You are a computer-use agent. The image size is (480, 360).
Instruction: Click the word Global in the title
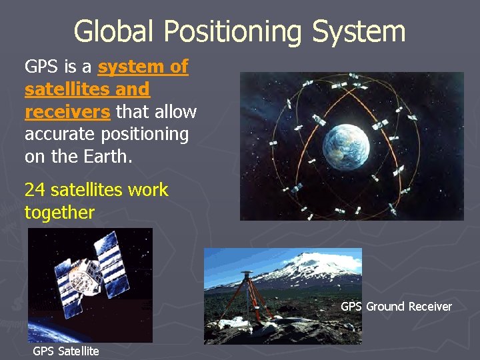(114, 31)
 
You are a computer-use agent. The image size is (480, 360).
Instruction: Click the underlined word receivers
(67, 111)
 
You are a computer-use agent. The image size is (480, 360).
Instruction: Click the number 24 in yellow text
(35, 190)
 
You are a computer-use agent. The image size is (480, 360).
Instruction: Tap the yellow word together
(59, 213)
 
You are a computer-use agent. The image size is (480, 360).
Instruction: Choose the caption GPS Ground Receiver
(396, 307)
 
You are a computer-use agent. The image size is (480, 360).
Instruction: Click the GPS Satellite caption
(66, 351)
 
